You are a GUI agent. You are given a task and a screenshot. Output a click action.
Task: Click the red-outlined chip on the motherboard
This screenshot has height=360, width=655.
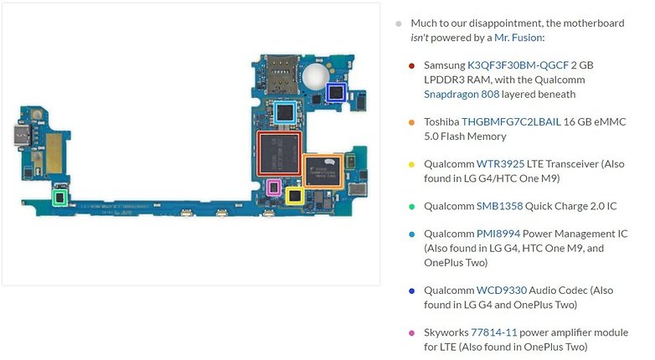pyautogui.click(x=279, y=153)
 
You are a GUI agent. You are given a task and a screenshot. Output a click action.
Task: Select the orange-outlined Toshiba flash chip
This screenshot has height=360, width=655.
pyautogui.click(x=323, y=172)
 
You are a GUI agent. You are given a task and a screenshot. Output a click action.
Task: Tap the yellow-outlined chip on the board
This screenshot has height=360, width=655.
pyautogui.click(x=295, y=195)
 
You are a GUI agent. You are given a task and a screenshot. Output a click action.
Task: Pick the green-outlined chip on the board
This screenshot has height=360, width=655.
pyautogui.click(x=59, y=198)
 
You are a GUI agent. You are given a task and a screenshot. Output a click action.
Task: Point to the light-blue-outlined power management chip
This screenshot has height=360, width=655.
pyautogui.click(x=286, y=112)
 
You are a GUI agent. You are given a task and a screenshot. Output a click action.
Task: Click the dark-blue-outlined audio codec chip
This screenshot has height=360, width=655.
pyautogui.click(x=336, y=92)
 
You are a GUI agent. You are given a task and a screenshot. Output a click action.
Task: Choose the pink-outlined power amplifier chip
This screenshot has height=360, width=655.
pyautogui.click(x=274, y=187)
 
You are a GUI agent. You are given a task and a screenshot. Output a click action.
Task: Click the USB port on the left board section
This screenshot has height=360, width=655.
pyautogui.click(x=20, y=134)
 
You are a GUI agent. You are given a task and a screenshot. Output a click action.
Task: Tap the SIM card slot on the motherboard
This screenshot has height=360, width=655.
pyautogui.click(x=281, y=74)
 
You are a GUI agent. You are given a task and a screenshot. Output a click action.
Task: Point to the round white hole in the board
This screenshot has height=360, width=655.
pyautogui.click(x=316, y=76)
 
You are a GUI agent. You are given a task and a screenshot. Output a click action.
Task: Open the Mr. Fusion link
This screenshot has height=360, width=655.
pyautogui.click(x=518, y=38)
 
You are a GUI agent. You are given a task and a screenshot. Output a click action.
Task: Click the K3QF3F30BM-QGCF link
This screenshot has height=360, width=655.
pyautogui.click(x=518, y=65)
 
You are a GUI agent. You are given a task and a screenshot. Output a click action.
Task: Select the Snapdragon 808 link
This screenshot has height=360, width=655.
pyautogui.click(x=462, y=95)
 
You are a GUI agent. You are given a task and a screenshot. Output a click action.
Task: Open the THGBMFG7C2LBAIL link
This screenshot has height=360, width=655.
pyautogui.click(x=511, y=122)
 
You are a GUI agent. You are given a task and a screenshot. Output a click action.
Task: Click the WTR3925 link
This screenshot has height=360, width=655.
pyautogui.click(x=500, y=164)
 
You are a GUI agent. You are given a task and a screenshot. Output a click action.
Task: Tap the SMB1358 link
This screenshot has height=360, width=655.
pyautogui.click(x=499, y=206)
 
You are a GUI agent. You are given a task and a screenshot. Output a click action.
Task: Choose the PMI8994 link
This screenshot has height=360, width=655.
pyautogui.click(x=498, y=234)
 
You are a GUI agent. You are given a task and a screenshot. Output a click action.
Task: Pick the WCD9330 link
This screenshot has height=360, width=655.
pyautogui.click(x=502, y=291)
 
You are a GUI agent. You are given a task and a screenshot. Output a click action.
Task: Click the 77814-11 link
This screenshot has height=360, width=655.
pyautogui.click(x=493, y=333)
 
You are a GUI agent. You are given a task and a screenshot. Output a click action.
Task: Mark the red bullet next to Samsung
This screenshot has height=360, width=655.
pyautogui.click(x=411, y=65)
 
